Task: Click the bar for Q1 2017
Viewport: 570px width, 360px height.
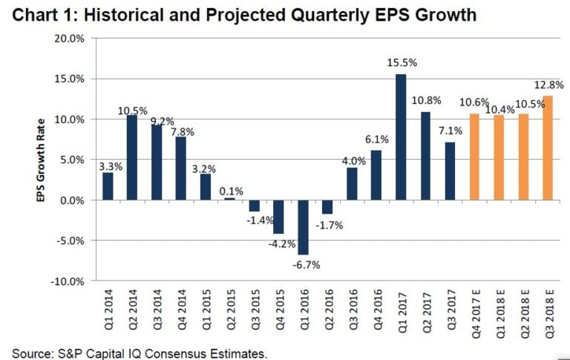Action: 401,137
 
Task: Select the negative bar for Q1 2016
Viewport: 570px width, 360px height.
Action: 303,227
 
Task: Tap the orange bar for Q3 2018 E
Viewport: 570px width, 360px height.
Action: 548,148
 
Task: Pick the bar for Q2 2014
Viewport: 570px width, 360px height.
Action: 132,157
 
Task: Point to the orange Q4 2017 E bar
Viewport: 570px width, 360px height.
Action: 474,157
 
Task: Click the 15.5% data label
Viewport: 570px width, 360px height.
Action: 402,64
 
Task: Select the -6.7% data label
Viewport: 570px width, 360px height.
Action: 304,264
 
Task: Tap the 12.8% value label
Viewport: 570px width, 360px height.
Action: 548,85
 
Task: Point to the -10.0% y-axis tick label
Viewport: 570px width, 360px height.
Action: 68,282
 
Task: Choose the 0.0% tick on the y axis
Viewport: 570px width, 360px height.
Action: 72,200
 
